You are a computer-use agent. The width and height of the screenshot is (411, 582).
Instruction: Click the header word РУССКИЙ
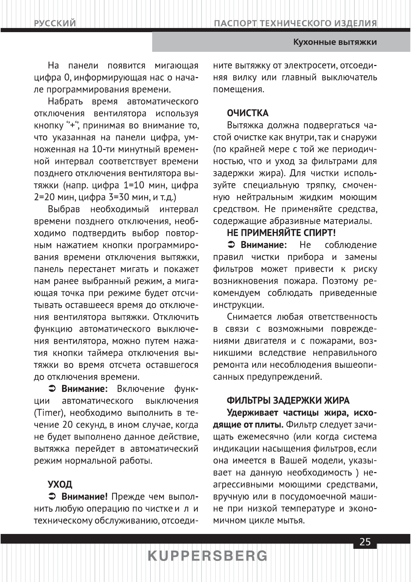pos(55,24)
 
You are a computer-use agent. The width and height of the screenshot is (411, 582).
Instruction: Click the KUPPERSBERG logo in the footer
pos(207,556)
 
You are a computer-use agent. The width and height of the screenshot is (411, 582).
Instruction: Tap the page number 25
pos(365,542)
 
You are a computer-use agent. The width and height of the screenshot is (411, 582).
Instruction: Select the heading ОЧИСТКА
pos(247,113)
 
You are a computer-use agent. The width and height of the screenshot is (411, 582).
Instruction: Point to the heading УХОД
pos(60,484)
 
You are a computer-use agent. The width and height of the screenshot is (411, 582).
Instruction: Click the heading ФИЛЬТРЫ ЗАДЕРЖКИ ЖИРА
pos(288,401)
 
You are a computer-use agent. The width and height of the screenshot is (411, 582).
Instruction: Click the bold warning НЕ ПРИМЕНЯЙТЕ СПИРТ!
pos(281,233)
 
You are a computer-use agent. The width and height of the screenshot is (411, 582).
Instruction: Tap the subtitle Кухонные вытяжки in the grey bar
pos(334,43)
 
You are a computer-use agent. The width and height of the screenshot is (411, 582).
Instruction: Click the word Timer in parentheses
pos(46,413)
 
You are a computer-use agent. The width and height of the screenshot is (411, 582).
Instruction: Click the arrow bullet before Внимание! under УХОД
pos(51,497)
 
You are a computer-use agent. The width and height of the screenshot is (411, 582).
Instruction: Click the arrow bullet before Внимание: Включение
pos(51,389)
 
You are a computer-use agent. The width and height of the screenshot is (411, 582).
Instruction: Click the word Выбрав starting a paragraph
pos(64,209)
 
